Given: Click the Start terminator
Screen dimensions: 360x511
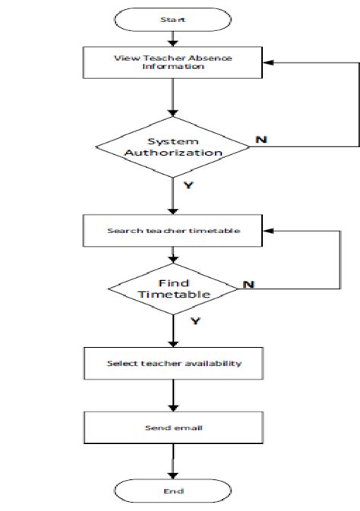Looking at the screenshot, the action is pyautogui.click(x=173, y=20).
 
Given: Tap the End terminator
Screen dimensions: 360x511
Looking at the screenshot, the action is pyautogui.click(x=173, y=490).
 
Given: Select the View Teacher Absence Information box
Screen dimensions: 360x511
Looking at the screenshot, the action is pyautogui.click(x=172, y=62).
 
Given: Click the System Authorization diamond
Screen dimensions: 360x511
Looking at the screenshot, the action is pyautogui.click(x=173, y=147).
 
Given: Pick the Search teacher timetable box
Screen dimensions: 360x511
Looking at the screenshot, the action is pyautogui.click(x=172, y=230).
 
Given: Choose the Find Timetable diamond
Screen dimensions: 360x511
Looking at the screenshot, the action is pyautogui.click(x=173, y=289).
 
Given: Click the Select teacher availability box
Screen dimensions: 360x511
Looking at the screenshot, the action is pyautogui.click(x=173, y=363).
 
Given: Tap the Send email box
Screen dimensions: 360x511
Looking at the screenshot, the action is pyautogui.click(x=173, y=427).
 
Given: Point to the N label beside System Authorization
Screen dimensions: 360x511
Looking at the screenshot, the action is pyautogui.click(x=261, y=140).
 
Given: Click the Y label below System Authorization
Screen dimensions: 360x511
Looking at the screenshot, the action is pyautogui.click(x=188, y=185).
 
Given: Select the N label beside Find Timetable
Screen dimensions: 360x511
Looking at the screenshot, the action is pyautogui.click(x=248, y=285).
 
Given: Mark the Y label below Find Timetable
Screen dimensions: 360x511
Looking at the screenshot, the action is pyautogui.click(x=195, y=321).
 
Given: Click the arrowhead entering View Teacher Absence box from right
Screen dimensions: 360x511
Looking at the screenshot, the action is pyautogui.click(x=268, y=62).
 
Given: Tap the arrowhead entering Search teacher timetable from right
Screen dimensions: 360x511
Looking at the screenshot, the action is pyautogui.click(x=268, y=231).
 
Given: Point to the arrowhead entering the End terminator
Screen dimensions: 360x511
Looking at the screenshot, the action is pyautogui.click(x=173, y=476).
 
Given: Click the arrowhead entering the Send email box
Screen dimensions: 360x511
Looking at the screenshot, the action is pyautogui.click(x=173, y=408).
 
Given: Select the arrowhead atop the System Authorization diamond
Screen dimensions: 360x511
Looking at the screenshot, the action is pyautogui.click(x=173, y=113).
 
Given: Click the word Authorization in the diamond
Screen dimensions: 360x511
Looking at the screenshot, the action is pyautogui.click(x=173, y=153).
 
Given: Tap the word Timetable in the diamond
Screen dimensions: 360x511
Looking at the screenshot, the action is pyautogui.click(x=174, y=295).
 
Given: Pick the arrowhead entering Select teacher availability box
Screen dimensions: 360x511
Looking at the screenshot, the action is pyautogui.click(x=173, y=344).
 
